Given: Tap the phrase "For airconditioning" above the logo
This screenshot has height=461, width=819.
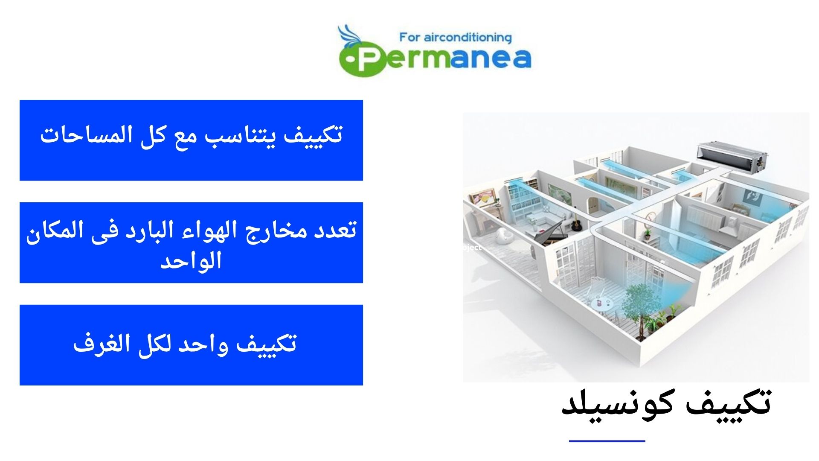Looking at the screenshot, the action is coord(455,38).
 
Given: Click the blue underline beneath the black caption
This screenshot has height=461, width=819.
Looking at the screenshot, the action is coord(607,441).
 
